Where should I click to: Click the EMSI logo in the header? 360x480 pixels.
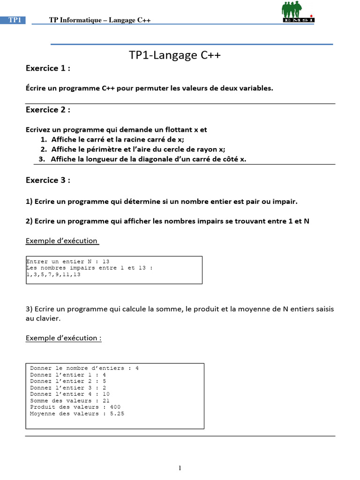point(298,12)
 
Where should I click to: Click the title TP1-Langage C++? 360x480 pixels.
point(174,55)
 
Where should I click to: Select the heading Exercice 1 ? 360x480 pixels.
point(48,68)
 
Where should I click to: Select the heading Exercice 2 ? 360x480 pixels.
point(48,110)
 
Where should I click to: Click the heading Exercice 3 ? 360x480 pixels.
point(48,180)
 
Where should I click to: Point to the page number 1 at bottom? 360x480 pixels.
point(180,468)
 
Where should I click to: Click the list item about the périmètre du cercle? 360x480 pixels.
point(138,149)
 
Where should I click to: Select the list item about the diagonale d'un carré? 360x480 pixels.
point(148,159)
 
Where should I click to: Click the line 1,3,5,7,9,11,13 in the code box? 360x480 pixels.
point(53,275)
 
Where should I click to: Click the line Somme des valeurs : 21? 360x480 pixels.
point(69,401)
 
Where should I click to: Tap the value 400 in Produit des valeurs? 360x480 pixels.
point(115,407)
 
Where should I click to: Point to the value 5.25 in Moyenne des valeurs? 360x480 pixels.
point(117,413)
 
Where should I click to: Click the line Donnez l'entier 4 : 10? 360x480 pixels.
point(69,394)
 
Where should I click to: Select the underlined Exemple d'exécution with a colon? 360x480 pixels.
point(63,338)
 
